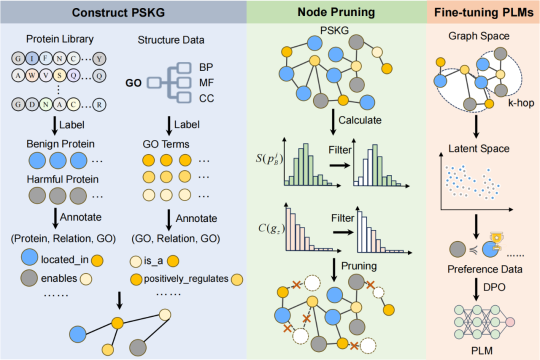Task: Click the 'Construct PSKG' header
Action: click(x=118, y=12)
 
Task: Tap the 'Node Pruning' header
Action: click(x=336, y=12)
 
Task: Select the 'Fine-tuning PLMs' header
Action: click(x=483, y=12)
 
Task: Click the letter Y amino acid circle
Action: click(x=99, y=59)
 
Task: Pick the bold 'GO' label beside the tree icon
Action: click(x=133, y=83)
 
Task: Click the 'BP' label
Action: click(x=206, y=67)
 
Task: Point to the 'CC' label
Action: click(x=206, y=98)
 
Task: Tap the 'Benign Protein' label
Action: click(x=60, y=144)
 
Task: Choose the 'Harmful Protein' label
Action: click(x=62, y=179)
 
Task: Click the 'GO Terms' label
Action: click(x=166, y=144)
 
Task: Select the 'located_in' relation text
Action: click(x=64, y=260)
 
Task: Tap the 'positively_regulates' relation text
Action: click(x=186, y=278)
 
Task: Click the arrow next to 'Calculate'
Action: click(x=333, y=122)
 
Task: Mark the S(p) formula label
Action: click(x=269, y=158)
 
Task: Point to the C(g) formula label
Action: click(x=271, y=228)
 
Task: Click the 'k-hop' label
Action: click(x=521, y=103)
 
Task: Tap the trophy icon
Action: click(x=496, y=240)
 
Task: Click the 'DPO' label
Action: click(x=494, y=287)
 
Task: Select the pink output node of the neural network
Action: click(x=510, y=322)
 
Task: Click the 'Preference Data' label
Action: click(x=485, y=269)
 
